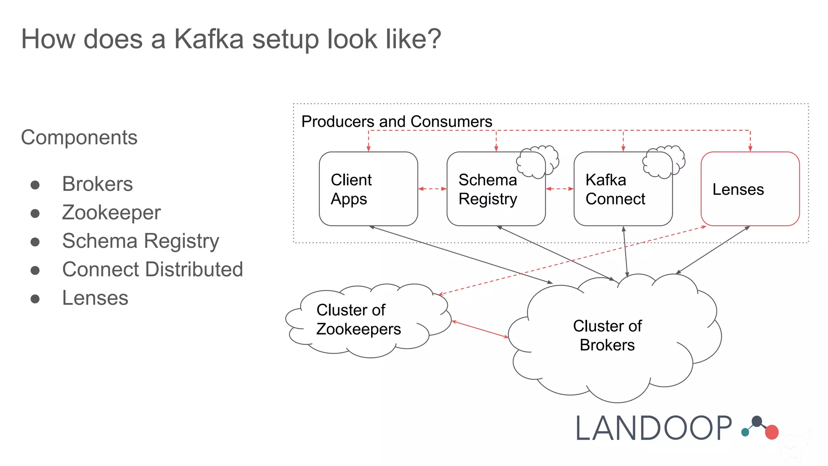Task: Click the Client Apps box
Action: (x=368, y=189)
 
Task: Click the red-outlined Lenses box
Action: (x=750, y=189)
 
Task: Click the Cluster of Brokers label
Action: (x=607, y=335)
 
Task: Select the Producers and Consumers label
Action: (x=397, y=121)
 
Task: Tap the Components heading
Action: (x=79, y=137)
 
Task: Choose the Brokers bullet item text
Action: (x=97, y=184)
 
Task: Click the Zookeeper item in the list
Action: (x=111, y=212)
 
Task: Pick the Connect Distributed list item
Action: (x=152, y=269)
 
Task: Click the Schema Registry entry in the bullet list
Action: (x=140, y=241)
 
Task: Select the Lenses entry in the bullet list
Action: (x=95, y=298)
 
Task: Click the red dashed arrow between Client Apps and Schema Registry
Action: (x=432, y=189)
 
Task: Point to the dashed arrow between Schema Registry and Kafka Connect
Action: (x=560, y=189)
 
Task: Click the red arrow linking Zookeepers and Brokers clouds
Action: (x=480, y=329)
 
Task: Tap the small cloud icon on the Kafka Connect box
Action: (x=663, y=161)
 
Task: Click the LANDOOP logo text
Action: (x=653, y=428)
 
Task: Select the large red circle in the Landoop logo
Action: (x=771, y=432)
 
